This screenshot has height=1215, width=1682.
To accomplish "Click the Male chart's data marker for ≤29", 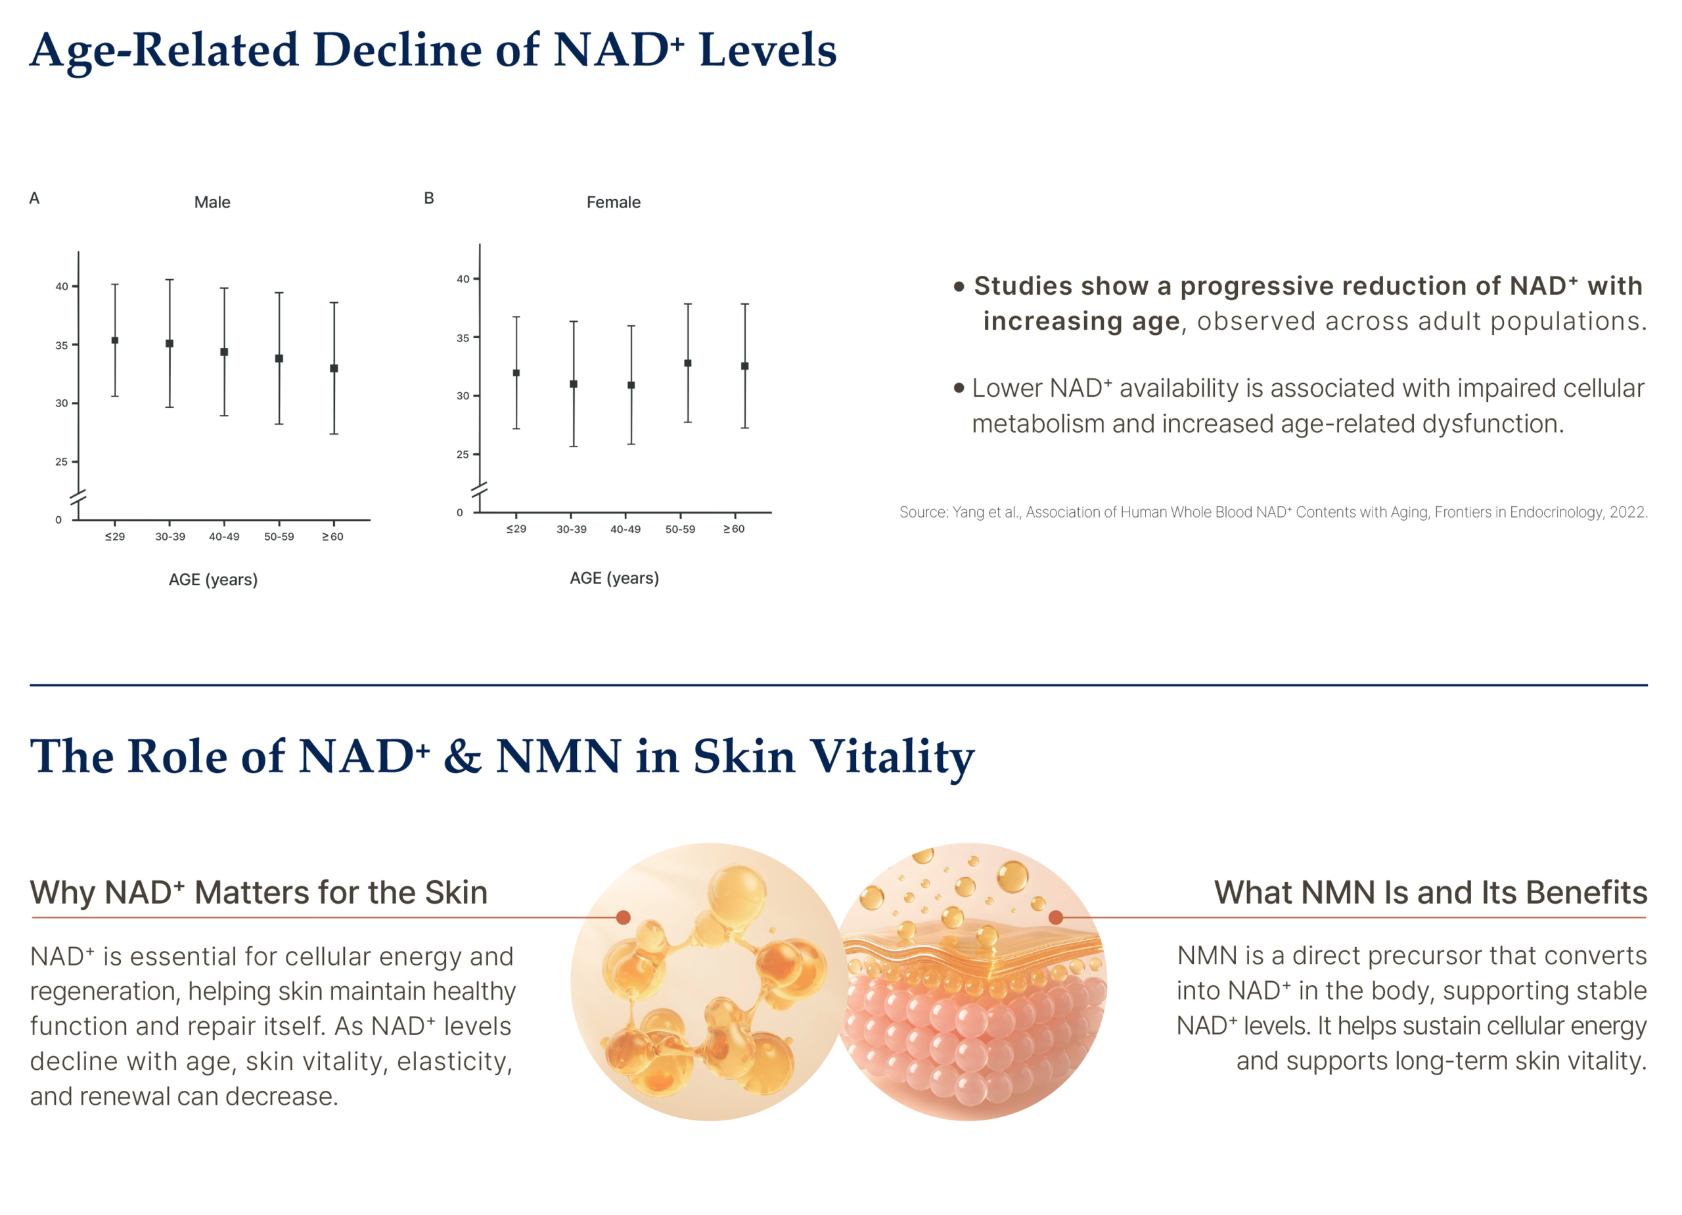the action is coord(115,341).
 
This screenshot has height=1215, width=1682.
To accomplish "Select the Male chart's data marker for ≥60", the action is coord(334,368).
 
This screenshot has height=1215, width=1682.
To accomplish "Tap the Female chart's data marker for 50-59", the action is coord(687,363).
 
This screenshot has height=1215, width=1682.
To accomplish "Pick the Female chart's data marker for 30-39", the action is coord(574,384).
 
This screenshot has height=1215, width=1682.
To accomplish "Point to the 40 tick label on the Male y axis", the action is coord(62,286).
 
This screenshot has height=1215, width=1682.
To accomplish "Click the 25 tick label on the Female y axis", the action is coord(463,454).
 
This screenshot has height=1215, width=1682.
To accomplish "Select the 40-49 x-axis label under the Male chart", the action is coord(224,537).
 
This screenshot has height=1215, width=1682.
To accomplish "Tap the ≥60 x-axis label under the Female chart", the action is coord(734,529).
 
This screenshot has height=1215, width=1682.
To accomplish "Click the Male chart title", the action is coord(212,202).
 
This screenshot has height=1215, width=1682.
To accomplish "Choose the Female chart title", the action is coord(613,202).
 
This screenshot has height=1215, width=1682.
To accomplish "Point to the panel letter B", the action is coord(428,198).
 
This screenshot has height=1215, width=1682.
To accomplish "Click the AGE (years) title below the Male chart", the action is coord(213,580).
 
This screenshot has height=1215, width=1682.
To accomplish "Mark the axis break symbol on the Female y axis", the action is coord(480,490).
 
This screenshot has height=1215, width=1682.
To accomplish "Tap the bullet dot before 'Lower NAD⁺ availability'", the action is coord(959,387).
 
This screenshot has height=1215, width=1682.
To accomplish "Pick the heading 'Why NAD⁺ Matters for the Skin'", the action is coord(259,893).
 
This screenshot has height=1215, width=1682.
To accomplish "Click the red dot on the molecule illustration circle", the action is coord(624,917).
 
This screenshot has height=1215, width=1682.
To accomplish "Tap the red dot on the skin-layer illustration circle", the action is coord(1056,917).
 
